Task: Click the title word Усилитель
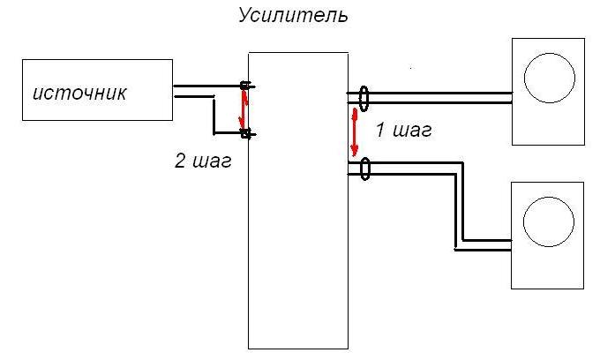click(293, 16)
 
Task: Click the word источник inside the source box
click(79, 91)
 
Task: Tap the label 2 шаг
click(203, 161)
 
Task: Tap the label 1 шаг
click(403, 131)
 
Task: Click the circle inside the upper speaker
click(548, 77)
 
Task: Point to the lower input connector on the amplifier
click(246, 133)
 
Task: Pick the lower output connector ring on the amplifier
click(364, 169)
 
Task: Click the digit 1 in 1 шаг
click(380, 131)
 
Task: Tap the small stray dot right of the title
click(411, 67)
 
